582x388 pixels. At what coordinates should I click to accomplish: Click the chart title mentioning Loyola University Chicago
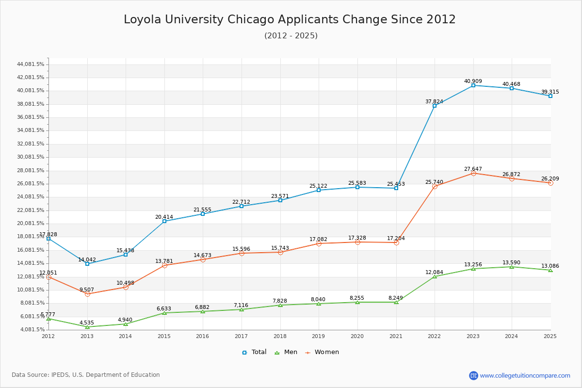click(x=290, y=19)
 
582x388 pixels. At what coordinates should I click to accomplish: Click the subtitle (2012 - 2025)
click(x=291, y=36)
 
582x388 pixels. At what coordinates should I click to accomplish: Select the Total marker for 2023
click(x=473, y=85)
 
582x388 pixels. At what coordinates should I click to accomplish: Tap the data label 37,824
click(x=435, y=101)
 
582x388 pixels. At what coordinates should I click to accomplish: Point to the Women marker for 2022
click(x=435, y=186)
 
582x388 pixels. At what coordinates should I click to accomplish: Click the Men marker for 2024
click(x=512, y=267)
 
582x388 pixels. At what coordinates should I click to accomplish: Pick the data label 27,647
click(x=473, y=169)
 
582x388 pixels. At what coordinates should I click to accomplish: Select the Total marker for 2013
click(x=87, y=264)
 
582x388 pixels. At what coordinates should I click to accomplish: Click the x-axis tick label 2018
click(x=280, y=336)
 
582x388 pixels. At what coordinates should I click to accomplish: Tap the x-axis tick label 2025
click(x=550, y=336)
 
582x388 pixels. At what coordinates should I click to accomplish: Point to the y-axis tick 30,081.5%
click(x=31, y=157)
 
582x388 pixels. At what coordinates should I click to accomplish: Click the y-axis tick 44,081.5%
click(x=31, y=65)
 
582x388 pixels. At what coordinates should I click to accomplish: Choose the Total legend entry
click(x=255, y=352)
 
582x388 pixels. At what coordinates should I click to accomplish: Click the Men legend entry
click(x=287, y=352)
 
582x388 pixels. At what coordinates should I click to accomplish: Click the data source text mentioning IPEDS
click(x=86, y=375)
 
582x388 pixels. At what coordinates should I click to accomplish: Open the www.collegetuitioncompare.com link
click(x=525, y=375)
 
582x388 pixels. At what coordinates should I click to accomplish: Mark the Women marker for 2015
click(x=164, y=265)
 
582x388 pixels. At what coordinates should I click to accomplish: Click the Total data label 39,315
click(x=550, y=92)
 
